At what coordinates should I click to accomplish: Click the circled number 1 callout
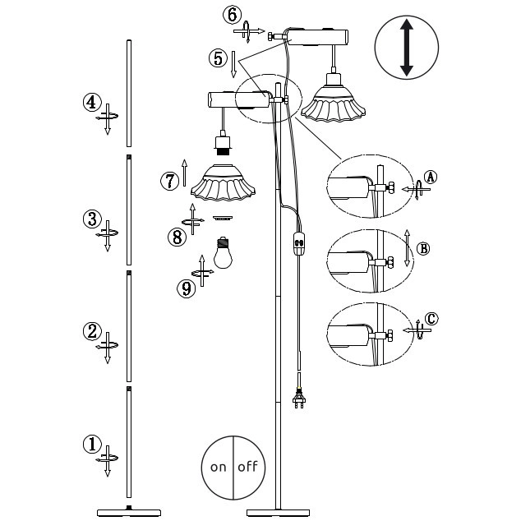[92, 445]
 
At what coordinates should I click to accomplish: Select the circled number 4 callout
[92, 103]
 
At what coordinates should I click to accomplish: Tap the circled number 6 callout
[233, 15]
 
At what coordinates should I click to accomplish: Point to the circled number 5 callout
[218, 58]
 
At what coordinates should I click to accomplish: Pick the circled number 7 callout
[170, 181]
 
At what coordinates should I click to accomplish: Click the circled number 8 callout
[178, 237]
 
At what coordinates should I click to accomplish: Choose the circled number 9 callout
[187, 288]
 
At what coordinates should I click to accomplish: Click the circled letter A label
[431, 178]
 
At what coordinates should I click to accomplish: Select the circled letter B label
[423, 248]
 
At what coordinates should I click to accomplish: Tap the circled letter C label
[431, 319]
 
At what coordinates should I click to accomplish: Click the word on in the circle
[218, 467]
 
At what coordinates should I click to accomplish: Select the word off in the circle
[248, 466]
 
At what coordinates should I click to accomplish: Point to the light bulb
[223, 253]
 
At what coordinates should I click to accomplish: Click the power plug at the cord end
[299, 397]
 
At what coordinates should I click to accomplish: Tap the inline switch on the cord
[298, 242]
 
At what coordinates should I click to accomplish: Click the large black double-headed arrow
[407, 48]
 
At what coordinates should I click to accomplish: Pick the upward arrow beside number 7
[184, 173]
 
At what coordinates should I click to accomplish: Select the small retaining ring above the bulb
[223, 218]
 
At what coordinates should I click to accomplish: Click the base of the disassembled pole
[129, 512]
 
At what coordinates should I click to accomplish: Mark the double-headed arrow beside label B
[407, 248]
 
